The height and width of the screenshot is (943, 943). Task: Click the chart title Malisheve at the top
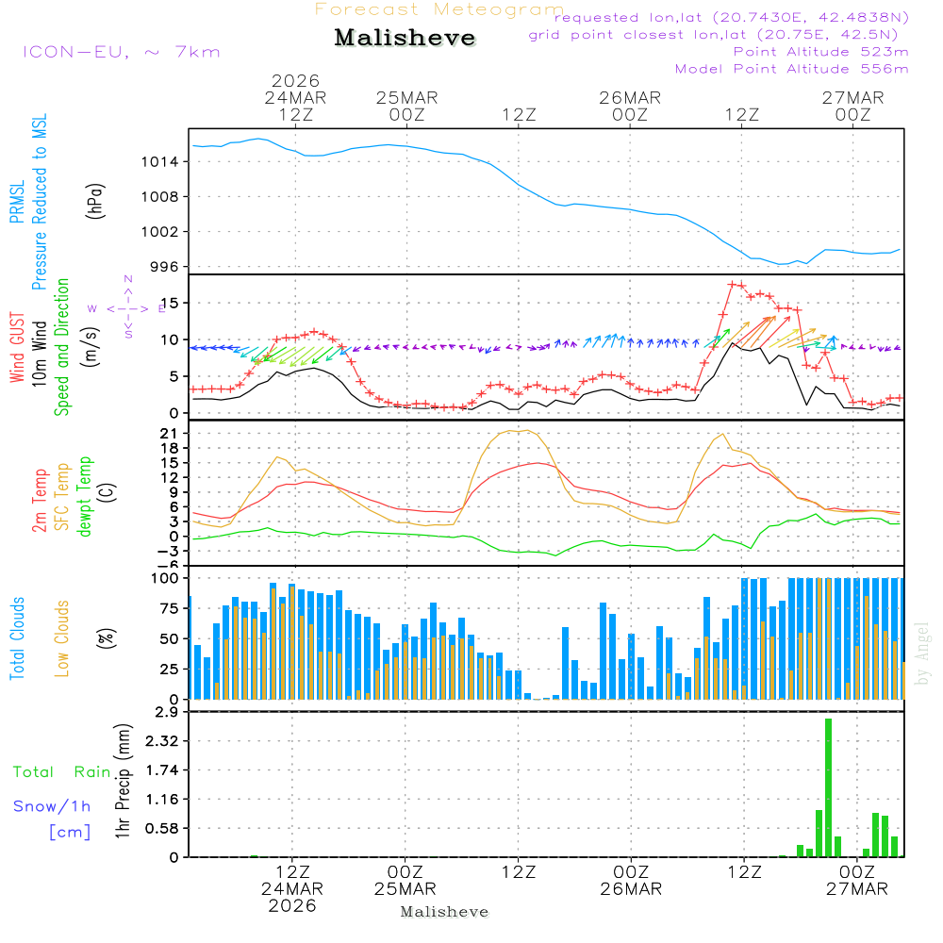(405, 38)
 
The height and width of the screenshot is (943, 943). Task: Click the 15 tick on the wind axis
(170, 303)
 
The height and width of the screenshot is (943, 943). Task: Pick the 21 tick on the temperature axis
(170, 433)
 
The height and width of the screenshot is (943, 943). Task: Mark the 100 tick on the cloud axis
(166, 577)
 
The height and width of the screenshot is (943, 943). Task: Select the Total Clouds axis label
(17, 638)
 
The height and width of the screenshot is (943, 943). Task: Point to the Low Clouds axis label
(62, 638)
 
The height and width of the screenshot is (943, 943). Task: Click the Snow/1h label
(53, 806)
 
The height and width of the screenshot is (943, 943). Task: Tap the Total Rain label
(62, 772)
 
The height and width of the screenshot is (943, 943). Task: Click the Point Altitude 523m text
(820, 52)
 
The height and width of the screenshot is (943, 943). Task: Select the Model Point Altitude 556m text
(792, 69)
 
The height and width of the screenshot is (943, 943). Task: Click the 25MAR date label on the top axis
(406, 97)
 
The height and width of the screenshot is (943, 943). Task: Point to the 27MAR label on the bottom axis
(857, 889)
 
